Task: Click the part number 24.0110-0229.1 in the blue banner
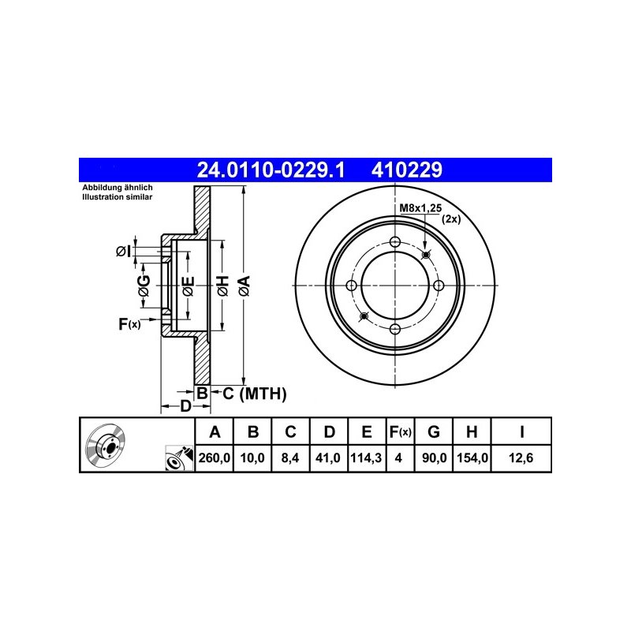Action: coord(271,170)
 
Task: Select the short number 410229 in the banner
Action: coord(406,170)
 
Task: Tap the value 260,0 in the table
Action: coord(214,457)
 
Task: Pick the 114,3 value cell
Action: coord(366,457)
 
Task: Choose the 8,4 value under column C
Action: coord(290,457)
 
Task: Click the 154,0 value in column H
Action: coord(472,457)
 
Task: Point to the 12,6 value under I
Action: coord(521,457)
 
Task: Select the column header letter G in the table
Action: coord(433,431)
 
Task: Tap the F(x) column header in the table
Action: coord(400,431)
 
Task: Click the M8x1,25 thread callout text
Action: coord(420,208)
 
